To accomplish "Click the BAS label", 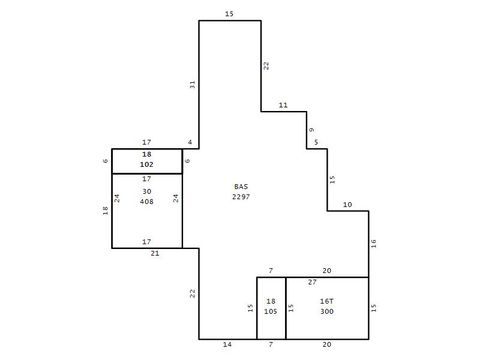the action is pos(241,187).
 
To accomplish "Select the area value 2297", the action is pos(241,197).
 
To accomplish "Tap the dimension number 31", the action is pos(192,85).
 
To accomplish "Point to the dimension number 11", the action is pos(283,105).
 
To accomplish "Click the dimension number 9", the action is pos(311,130).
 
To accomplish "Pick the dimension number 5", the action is pos(316,142).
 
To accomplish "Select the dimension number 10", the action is pos(347,205).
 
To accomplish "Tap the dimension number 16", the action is pos(373,244).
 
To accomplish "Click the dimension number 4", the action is pos(190,142).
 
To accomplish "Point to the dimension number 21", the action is pos(155,253).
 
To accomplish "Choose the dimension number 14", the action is pos(227,344).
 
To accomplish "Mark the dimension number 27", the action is pos(312,282).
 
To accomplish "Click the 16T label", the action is pos(326,301).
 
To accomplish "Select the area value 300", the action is pos(326,311).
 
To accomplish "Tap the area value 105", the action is pos(271,311).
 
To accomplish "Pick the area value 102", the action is pos(146,164).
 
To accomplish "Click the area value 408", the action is pos(146,202).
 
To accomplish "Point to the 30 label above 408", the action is pos(146,191).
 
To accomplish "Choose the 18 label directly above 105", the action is pos(271,301).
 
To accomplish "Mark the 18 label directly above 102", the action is pos(146,154).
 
